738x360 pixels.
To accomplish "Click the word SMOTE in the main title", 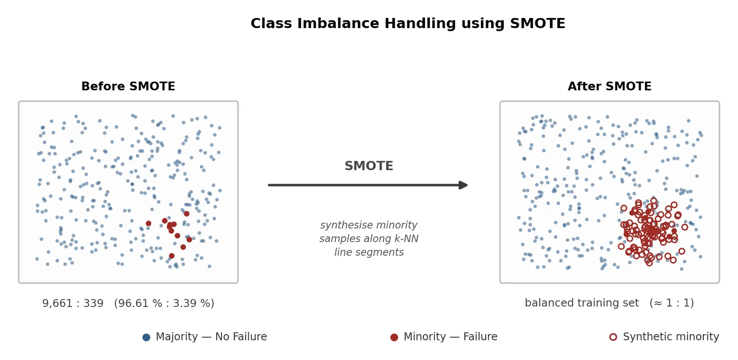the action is [x=537, y=24].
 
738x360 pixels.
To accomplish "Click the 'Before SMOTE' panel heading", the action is [x=128, y=86].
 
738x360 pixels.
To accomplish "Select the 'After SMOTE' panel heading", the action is [x=609, y=86].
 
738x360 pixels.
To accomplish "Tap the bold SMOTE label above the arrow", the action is [x=369, y=165].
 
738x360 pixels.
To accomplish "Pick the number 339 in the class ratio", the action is [x=93, y=303].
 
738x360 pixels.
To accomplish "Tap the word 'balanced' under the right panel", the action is [x=546, y=303].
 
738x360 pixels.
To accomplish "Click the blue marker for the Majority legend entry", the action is [x=146, y=337].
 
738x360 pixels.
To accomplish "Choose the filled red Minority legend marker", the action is [x=394, y=337].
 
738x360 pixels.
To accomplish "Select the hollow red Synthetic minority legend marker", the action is [x=613, y=337].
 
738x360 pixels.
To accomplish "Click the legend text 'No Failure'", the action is [x=241, y=336].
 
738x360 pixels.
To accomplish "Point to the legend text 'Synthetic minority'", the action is [x=671, y=336].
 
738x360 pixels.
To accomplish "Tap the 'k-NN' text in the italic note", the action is [x=406, y=238].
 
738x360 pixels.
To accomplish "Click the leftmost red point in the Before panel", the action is [x=149, y=223].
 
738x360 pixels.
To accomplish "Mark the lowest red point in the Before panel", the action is [x=172, y=255].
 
